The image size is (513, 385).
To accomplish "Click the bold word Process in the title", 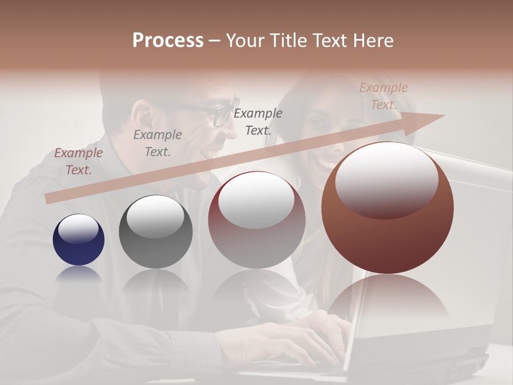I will coord(168,41).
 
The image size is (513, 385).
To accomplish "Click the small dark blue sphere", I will coord(79,240).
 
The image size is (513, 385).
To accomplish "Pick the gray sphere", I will coord(156,232).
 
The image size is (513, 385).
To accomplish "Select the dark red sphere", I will coord(256,220).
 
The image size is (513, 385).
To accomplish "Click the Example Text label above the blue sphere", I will coord(79,161).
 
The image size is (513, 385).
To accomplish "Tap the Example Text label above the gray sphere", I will coord(158,143).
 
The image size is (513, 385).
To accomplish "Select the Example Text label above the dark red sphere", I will coord(258,121).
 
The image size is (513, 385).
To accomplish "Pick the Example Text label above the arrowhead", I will coord(383,96).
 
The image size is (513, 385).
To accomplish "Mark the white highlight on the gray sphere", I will coord(156,215).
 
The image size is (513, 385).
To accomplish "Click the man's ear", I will coord(143,115).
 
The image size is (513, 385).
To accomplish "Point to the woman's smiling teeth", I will coord(329,160).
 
